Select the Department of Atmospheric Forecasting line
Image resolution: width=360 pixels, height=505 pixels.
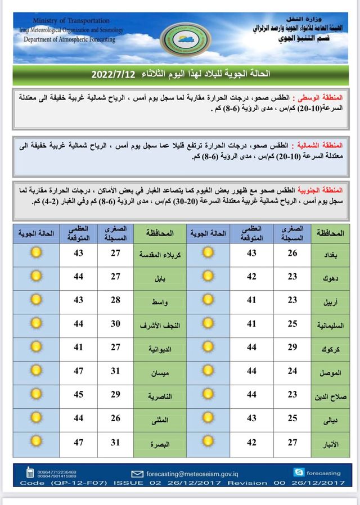pos(69,39)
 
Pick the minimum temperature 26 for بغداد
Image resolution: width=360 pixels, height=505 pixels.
pos(292,253)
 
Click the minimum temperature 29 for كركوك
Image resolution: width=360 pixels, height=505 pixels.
pos(292,347)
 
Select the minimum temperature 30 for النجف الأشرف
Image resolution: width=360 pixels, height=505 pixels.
pos(116,323)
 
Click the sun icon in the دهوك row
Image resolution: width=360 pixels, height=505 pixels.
pos(208,277)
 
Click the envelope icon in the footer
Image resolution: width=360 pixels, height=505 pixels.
pos(137,474)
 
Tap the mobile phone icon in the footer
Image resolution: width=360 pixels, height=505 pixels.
pos(30,473)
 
